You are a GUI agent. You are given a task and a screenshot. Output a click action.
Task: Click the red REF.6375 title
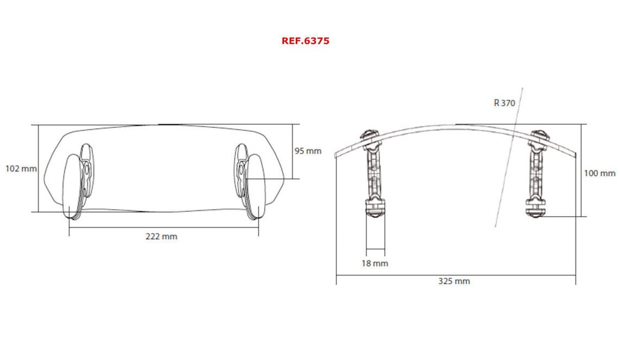305,41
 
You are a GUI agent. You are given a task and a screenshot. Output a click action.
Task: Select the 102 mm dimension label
21,168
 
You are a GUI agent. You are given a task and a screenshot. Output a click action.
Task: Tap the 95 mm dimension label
308,151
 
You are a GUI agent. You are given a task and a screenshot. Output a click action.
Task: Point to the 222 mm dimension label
161,236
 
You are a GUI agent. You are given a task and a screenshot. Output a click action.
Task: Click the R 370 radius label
504,103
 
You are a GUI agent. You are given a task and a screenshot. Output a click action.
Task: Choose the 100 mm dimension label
599,173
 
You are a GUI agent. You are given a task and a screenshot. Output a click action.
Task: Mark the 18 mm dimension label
375,263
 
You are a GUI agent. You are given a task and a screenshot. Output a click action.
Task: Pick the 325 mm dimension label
454,281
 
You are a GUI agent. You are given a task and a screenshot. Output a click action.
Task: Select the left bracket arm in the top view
374,174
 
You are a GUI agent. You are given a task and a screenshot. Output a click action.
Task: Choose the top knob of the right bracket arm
538,136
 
